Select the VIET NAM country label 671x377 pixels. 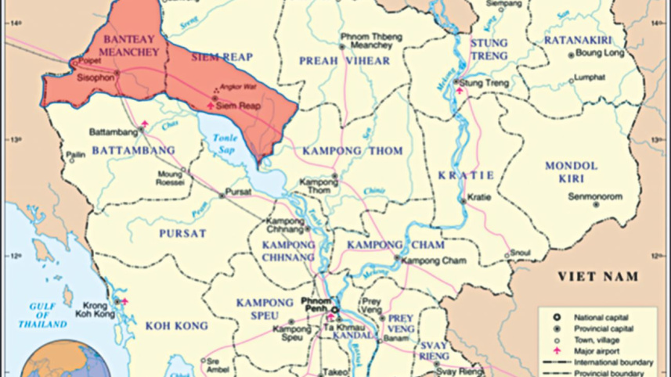(597, 276)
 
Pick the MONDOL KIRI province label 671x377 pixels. (571, 173)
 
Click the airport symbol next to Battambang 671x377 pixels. (144, 124)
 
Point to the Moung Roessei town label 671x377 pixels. (170, 178)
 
